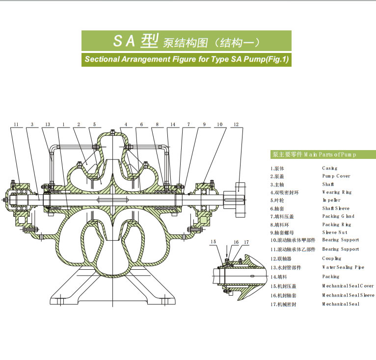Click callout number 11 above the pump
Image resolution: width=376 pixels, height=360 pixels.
(16, 125)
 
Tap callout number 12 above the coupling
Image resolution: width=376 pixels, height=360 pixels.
(236, 125)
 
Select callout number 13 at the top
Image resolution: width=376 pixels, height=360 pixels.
(47, 125)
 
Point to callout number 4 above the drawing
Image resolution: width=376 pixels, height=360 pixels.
(126, 125)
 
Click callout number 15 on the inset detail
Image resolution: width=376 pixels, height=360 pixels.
(214, 242)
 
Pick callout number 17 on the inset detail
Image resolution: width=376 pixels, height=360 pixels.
(247, 242)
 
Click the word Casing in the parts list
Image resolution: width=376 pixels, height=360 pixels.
(330, 168)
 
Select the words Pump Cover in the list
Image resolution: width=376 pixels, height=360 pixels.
(336, 176)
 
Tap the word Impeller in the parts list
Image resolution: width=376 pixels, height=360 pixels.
(331, 200)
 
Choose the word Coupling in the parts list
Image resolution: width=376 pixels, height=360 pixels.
(332, 258)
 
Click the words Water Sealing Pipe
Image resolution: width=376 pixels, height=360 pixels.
(343, 267)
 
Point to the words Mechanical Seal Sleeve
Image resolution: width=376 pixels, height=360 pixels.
(348, 295)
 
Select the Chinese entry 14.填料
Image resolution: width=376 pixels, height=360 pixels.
(280, 277)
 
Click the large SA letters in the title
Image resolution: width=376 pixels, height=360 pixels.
(124, 41)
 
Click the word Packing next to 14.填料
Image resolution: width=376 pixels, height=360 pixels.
(330, 277)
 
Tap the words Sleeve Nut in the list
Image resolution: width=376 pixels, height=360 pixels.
(336, 232)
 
